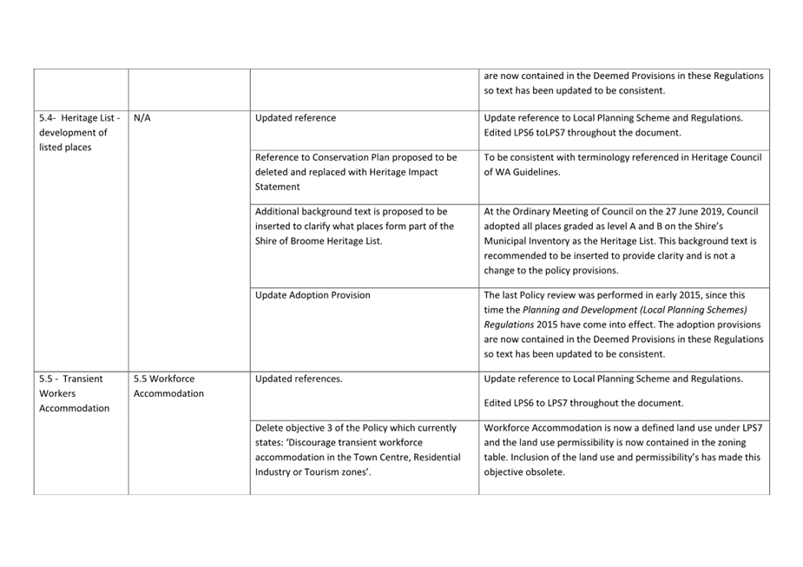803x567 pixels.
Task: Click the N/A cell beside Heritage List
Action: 143,118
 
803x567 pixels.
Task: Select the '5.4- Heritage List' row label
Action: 79,118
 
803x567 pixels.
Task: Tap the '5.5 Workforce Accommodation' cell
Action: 169,386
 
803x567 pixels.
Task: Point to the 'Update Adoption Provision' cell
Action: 313,295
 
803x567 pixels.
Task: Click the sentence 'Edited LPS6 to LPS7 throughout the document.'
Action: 583,403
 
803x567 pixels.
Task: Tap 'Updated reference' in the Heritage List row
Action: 295,118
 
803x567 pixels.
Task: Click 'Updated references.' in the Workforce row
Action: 299,379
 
